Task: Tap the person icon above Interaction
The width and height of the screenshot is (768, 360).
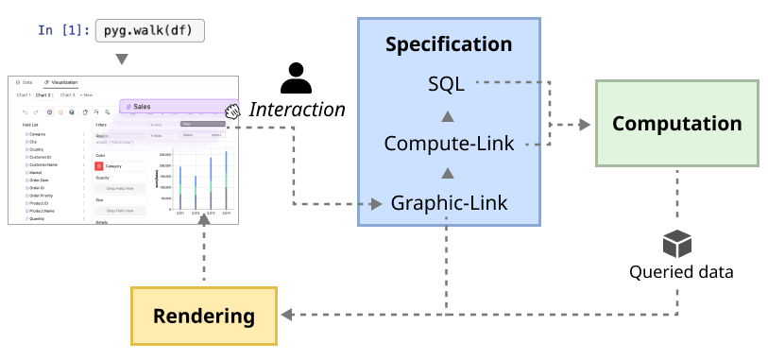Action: point(297,77)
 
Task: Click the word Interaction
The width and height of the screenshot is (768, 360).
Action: point(297,110)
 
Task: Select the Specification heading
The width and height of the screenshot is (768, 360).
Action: point(449,44)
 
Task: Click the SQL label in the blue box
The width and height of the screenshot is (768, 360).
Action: point(446,83)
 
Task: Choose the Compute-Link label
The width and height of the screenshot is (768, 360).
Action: point(449,144)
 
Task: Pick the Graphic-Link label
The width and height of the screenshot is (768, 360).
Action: point(449,202)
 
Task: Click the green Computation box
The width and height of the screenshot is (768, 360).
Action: point(676,124)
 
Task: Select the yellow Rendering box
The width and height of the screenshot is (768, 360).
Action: point(204,315)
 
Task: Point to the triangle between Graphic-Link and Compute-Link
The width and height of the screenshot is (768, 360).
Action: point(449,174)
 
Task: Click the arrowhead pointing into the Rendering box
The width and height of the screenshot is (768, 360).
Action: point(285,315)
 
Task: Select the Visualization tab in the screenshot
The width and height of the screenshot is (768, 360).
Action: point(62,83)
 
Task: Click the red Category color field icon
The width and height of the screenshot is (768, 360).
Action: point(99,165)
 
